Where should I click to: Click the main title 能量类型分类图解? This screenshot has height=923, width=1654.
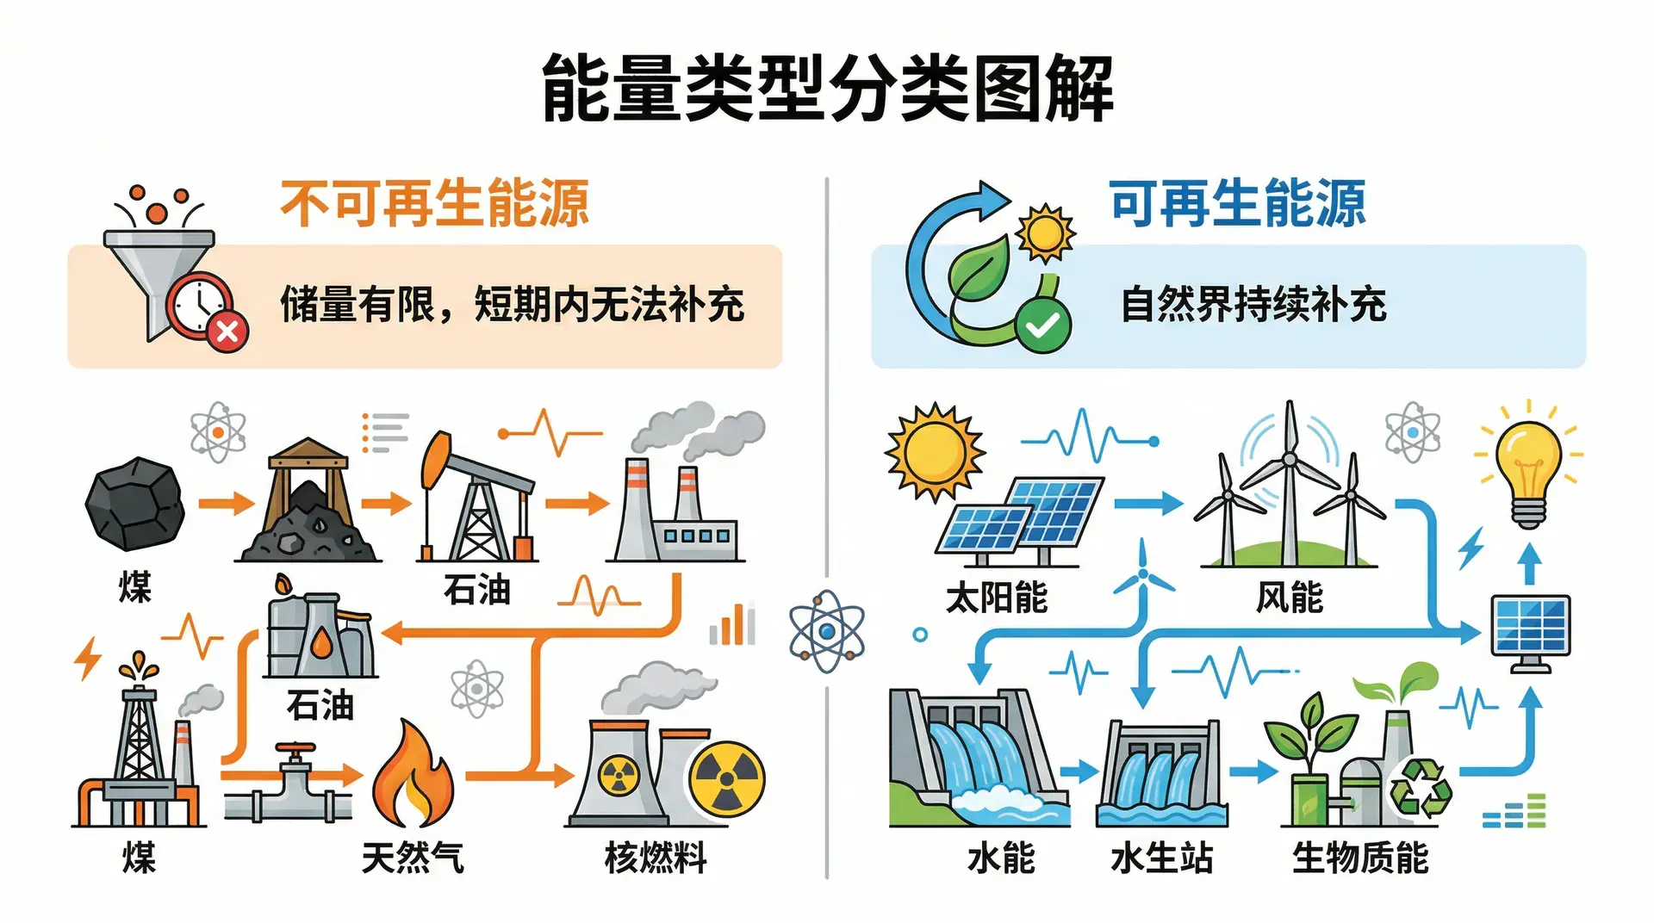click(827, 89)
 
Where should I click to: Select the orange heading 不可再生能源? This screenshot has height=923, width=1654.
click(434, 204)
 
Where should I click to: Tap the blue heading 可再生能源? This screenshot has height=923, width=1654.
click(1237, 204)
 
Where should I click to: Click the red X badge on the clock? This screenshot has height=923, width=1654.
click(227, 331)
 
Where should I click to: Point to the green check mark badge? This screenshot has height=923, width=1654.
click(1042, 325)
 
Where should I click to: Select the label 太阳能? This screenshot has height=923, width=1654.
click(997, 597)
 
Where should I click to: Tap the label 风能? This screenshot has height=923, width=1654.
click(1289, 597)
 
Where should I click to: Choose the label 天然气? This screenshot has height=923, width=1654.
click(413, 858)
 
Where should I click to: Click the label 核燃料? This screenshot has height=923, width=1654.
click(656, 858)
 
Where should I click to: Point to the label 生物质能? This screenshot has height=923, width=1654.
click(1360, 858)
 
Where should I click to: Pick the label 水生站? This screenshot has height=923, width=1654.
click(1161, 858)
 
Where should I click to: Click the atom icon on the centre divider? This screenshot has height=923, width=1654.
click(827, 631)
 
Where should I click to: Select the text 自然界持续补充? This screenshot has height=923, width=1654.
click(1253, 305)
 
